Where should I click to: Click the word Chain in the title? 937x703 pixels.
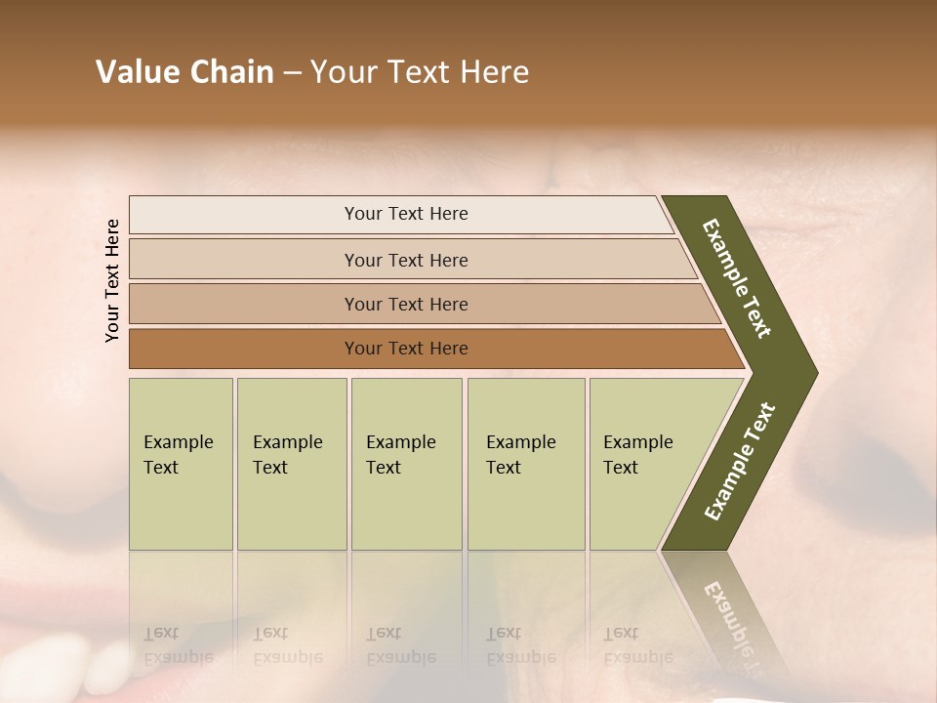click(x=231, y=72)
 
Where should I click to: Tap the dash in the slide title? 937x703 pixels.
click(x=292, y=73)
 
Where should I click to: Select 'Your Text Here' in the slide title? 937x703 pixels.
click(x=420, y=72)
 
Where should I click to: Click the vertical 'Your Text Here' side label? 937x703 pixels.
click(x=112, y=280)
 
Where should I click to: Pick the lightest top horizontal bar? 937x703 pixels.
click(x=400, y=214)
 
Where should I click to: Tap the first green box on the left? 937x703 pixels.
click(x=181, y=463)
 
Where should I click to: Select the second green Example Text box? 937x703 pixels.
click(x=291, y=463)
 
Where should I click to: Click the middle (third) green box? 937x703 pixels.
click(x=406, y=463)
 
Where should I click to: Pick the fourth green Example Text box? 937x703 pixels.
click(x=525, y=463)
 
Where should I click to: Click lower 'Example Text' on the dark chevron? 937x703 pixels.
click(x=740, y=461)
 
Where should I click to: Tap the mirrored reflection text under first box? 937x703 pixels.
click(x=178, y=645)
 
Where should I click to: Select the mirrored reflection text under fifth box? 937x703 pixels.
click(x=637, y=645)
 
